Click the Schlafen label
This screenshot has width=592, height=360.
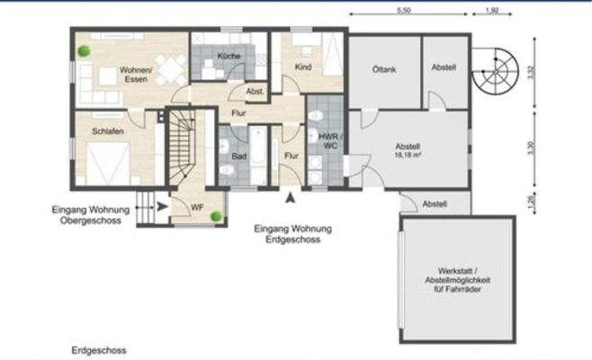tap(107, 131)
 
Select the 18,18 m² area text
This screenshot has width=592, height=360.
tap(409, 154)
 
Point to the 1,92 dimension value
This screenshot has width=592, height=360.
tap(491, 11)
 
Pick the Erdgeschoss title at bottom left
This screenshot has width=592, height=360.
tap(99, 349)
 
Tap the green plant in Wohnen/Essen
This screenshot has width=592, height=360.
tap(83, 51)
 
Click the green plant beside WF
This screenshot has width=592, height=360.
tap(217, 216)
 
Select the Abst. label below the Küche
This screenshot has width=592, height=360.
tap(255, 92)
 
